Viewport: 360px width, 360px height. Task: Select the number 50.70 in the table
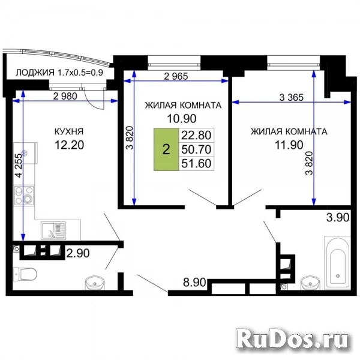tap(196, 149)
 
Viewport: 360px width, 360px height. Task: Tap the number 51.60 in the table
tap(196, 163)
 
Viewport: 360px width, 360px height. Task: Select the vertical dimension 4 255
tap(18, 169)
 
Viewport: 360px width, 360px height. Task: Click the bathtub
tap(338, 262)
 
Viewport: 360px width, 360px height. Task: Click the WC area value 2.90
tap(78, 253)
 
